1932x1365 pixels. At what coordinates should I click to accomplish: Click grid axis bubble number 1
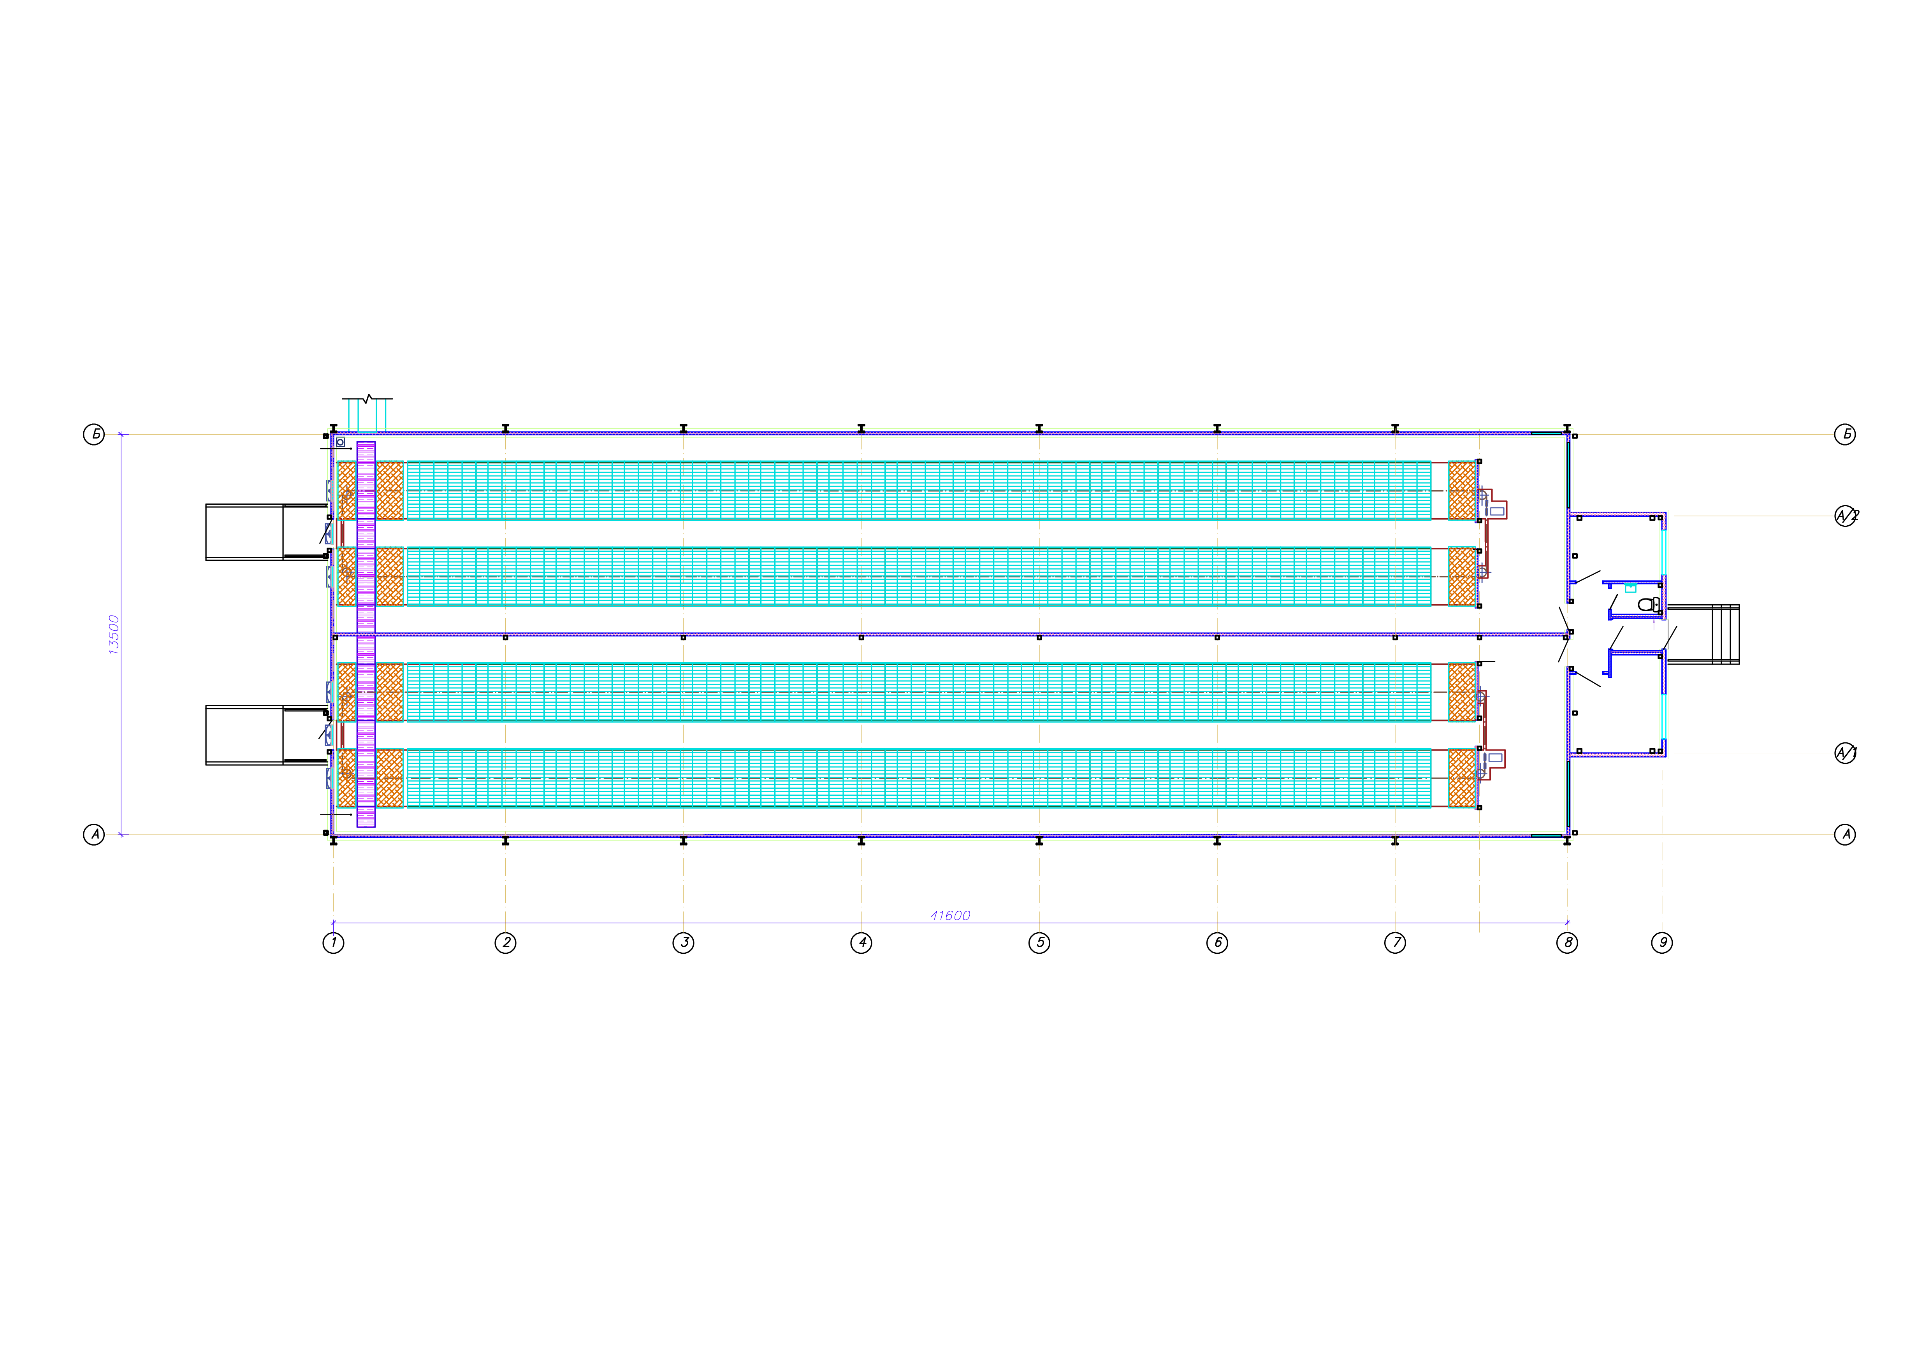333,943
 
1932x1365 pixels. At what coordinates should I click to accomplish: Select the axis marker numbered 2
506,943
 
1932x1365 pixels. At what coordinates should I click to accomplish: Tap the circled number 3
683,943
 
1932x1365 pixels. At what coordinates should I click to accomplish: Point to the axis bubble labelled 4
861,943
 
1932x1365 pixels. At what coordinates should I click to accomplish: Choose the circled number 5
1039,943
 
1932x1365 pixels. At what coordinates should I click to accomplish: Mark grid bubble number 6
1218,943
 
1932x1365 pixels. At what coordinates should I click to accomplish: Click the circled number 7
1395,943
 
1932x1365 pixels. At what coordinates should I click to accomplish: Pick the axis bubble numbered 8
1567,943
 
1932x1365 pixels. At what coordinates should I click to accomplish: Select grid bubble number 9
1662,943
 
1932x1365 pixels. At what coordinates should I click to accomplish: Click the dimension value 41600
950,915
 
